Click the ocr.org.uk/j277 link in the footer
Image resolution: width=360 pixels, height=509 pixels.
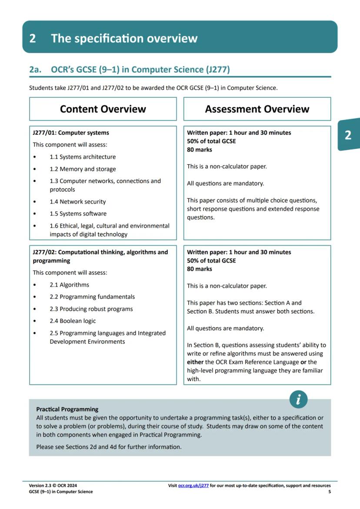[193, 486]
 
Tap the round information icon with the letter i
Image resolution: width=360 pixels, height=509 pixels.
[298, 399]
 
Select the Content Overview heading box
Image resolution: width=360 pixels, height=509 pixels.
[103, 109]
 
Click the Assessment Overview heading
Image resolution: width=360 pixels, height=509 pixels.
[257, 109]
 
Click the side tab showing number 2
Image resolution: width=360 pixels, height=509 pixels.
[348, 135]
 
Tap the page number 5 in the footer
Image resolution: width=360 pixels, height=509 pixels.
[329, 492]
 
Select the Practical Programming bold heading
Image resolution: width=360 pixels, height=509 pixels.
[67, 409]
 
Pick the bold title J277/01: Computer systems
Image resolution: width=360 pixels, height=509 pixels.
[71, 133]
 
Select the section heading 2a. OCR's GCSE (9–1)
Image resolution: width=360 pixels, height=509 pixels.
[130, 70]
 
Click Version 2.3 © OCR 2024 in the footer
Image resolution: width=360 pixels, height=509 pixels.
[53, 486]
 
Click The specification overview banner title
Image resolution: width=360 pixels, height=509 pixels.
[124, 38]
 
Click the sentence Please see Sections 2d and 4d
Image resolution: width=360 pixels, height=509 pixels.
[109, 446]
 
